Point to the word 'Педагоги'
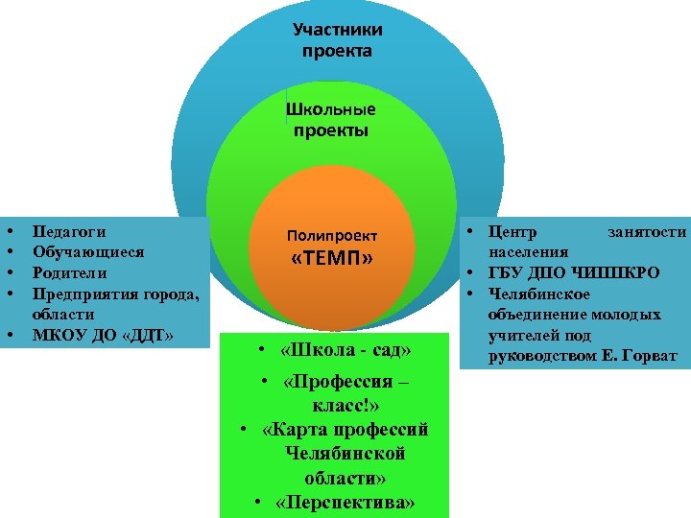[69, 231]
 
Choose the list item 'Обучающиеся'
[88, 252]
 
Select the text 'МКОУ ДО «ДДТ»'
[103, 335]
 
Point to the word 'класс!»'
[336, 405]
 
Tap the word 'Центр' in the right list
[513, 232]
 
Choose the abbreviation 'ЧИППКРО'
[615, 273]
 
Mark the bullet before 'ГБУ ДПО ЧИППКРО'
[473, 273]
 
